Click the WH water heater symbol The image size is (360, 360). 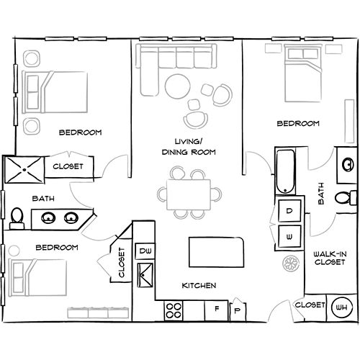click(340, 307)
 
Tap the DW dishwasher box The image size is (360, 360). click(144, 251)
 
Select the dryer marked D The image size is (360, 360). click(289, 211)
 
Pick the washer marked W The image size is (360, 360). click(289, 235)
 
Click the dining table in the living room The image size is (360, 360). click(191, 192)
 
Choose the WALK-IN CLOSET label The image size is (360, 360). click(330, 258)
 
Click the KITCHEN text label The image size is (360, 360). click(199, 286)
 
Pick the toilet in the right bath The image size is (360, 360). click(348, 198)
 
